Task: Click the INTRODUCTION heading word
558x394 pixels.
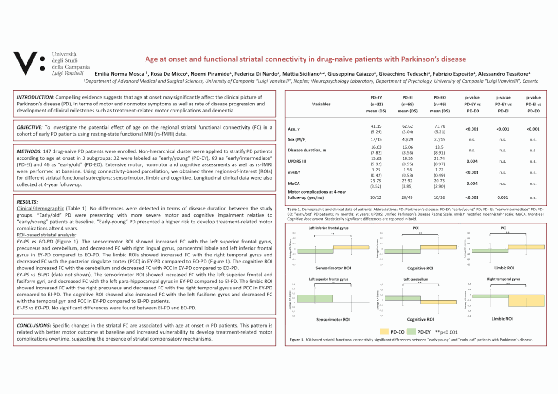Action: click(x=34, y=97)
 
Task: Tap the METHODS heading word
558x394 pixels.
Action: click(x=27, y=152)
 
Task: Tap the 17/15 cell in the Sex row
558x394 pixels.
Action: click(x=377, y=139)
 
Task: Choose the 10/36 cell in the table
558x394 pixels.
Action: click(x=439, y=197)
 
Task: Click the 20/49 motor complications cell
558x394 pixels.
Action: click(x=407, y=197)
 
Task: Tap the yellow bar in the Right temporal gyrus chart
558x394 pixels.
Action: click(x=526, y=301)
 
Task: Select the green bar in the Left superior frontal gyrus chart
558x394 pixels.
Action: click(x=315, y=299)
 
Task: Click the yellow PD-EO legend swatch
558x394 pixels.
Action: click(x=385, y=332)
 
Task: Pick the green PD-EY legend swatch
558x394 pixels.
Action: click(x=412, y=332)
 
